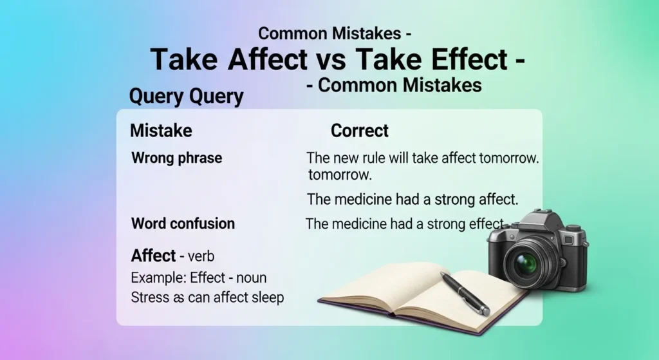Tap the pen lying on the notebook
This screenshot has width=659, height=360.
click(x=465, y=293)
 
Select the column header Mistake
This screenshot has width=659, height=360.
click(x=161, y=131)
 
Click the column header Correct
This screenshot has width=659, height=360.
click(x=360, y=131)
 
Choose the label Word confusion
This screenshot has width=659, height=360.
click(x=183, y=224)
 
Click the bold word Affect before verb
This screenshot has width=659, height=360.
click(x=153, y=256)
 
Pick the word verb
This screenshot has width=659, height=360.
click(x=201, y=256)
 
